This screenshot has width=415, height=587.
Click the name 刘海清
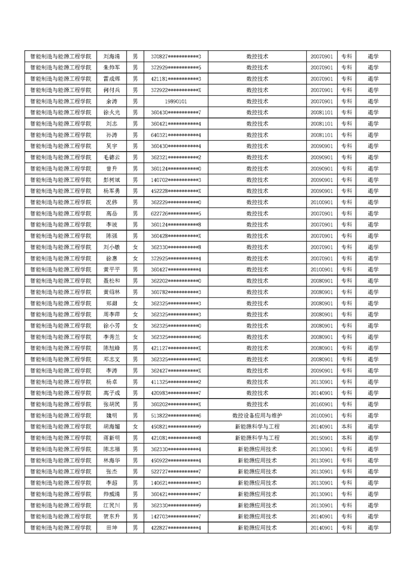pyautogui.click(x=111, y=57)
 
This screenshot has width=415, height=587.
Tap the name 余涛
pyautogui.click(x=111, y=101)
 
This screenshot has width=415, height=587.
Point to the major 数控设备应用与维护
pyautogui.click(x=257, y=415)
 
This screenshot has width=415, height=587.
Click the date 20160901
pyautogui.click(x=321, y=404)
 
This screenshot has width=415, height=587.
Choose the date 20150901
pyautogui.click(x=321, y=438)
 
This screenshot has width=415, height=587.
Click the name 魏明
pyautogui.click(x=111, y=415)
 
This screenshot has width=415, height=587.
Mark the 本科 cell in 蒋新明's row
pyautogui.click(x=346, y=438)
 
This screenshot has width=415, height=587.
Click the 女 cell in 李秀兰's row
pyautogui.click(x=135, y=337)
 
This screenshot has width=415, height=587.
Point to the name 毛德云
pyautogui.click(x=111, y=157)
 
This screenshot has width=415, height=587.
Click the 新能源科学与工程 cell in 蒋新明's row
pyautogui.click(x=257, y=438)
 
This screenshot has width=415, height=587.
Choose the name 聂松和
pyautogui.click(x=111, y=281)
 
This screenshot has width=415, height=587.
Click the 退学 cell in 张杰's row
pyautogui.click(x=373, y=472)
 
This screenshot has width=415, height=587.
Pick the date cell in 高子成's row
pyautogui.click(x=321, y=393)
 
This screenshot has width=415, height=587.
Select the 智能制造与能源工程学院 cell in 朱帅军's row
pyautogui.click(x=61, y=67)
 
